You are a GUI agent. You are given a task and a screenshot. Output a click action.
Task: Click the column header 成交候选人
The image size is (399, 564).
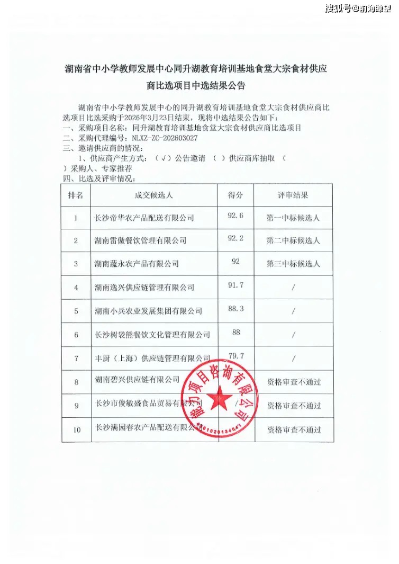click(x=154, y=195)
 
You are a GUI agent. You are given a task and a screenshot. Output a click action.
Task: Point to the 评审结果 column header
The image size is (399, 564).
click(x=293, y=195)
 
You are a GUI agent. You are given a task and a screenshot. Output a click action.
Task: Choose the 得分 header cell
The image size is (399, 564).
click(x=235, y=195)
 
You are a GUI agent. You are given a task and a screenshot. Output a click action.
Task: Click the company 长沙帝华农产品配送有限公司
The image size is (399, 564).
click(x=144, y=218)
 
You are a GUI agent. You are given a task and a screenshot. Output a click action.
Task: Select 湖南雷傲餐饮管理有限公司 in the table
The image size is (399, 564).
click(x=140, y=240)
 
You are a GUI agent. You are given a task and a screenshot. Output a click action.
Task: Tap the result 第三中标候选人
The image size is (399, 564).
click(x=293, y=263)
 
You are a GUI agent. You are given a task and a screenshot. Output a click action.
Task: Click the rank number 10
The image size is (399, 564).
click(x=77, y=429)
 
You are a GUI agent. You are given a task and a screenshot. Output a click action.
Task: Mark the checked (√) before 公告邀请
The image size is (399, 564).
click(x=165, y=158)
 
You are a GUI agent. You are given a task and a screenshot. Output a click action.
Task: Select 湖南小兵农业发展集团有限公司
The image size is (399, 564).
click(x=148, y=311)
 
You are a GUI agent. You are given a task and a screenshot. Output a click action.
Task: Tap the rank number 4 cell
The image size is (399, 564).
click(x=76, y=287)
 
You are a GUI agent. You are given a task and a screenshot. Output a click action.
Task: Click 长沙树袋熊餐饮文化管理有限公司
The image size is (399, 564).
click(x=152, y=334)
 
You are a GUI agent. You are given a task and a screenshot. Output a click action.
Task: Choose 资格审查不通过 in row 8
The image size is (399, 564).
click(x=294, y=381)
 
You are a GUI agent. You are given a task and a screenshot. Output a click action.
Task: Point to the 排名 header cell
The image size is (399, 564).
click(x=76, y=195)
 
